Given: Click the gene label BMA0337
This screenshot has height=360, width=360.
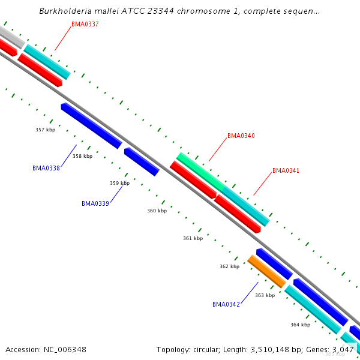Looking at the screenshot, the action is [85, 24].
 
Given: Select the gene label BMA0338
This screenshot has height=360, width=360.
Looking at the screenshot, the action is [46, 169].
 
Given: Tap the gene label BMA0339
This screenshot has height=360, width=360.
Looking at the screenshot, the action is [95, 204].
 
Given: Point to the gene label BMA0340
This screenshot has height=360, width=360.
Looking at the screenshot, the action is [241, 136].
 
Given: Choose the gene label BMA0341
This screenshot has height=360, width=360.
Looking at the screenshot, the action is [286, 171].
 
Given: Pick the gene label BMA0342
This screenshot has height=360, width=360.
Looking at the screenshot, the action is [226, 305].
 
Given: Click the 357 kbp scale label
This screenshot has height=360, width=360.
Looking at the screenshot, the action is [45, 130].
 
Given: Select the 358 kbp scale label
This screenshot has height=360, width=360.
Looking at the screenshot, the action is [82, 156].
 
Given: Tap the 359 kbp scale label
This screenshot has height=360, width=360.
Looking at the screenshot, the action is [119, 183].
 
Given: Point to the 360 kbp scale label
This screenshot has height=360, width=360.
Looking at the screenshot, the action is [157, 211].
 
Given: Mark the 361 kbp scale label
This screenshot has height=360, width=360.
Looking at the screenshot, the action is [193, 238].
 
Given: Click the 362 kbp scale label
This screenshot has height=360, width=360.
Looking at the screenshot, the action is [229, 266].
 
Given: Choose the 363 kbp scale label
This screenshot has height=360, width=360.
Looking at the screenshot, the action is [265, 295].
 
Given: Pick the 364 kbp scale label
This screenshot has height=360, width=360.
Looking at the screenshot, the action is [300, 325].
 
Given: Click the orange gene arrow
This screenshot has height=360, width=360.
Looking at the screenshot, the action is [267, 272].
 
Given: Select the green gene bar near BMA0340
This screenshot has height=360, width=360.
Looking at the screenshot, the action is [200, 170].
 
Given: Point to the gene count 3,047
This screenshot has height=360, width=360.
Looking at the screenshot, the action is [343, 349].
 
